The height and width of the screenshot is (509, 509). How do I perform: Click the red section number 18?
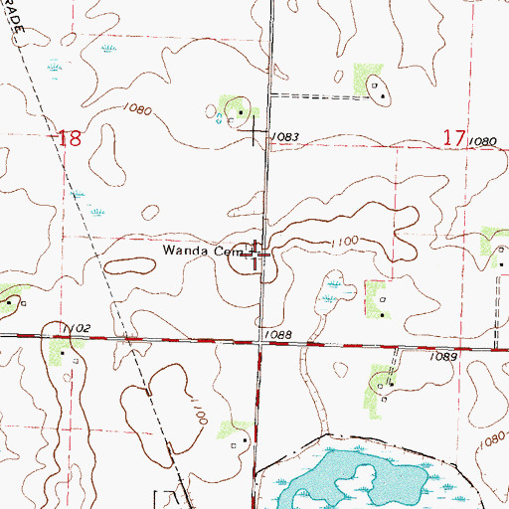coord(70,138)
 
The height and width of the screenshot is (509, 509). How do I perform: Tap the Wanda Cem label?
coord(197,253)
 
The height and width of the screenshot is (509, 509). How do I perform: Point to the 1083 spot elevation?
coord(284,136)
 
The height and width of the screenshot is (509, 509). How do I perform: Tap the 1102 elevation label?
coord(82,329)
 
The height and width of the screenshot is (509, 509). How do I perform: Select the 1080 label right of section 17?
coord(483,142)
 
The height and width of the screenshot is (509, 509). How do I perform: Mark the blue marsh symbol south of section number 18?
coord(96,212)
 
